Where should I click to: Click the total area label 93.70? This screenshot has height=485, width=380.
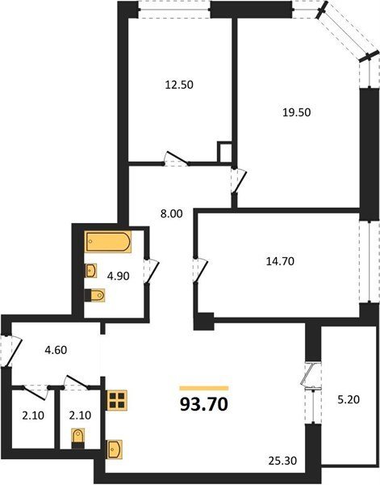204,404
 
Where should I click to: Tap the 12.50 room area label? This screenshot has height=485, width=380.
179,85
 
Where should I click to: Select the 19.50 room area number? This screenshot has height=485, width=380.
297,112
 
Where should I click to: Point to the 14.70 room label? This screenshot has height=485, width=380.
280,262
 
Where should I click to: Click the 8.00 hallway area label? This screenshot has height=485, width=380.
171,213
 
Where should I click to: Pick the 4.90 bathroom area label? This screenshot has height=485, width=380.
118,276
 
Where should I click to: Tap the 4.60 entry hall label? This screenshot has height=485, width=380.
56,350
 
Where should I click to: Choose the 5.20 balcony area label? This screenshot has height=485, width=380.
349,400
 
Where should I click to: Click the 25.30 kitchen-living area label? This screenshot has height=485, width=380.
282,461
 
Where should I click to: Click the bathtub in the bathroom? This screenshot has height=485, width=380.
108,242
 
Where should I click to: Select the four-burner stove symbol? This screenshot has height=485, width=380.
116,400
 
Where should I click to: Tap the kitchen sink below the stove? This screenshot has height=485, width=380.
115,449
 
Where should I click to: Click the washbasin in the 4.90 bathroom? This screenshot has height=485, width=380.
90,271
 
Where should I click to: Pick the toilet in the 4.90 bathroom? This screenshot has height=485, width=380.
94,295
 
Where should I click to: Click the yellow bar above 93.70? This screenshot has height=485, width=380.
204,388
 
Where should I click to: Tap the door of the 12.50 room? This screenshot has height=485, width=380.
176,158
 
